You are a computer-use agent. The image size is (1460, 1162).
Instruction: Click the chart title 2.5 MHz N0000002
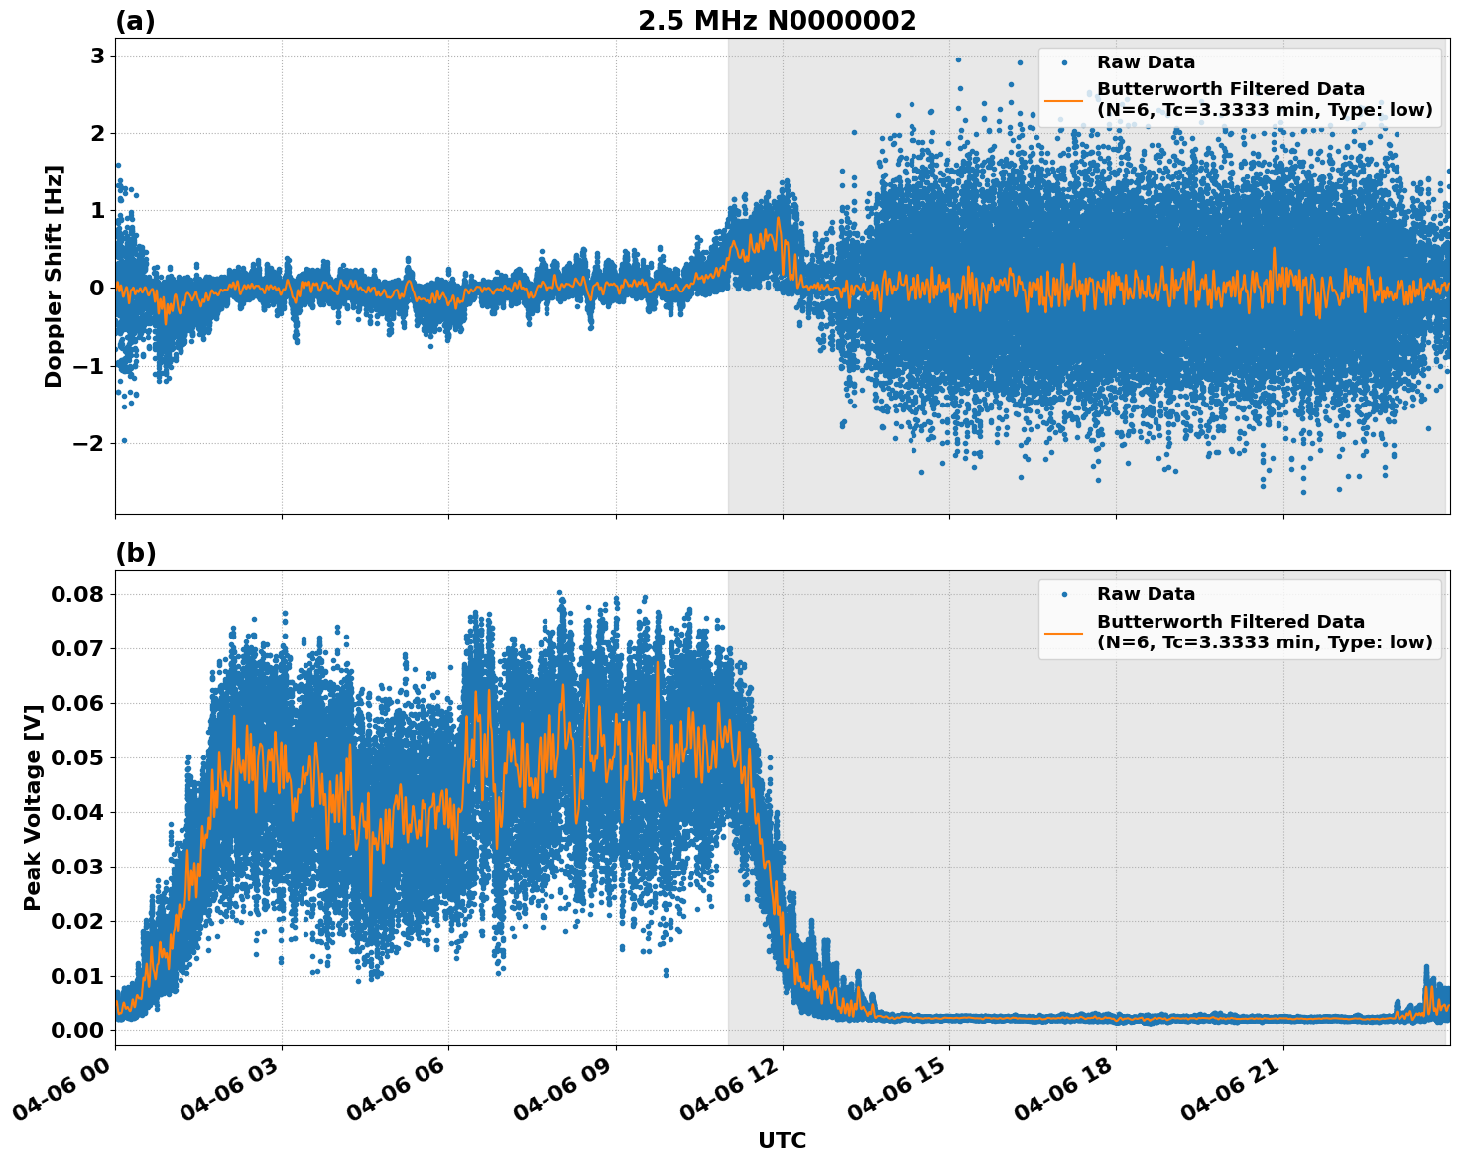pos(777,21)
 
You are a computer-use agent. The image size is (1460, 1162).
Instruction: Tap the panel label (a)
pos(135,21)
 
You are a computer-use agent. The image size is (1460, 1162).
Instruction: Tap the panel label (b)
pos(135,553)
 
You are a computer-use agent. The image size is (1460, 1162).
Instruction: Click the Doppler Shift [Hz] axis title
pos(54,276)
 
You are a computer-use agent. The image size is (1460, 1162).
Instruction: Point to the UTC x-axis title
pos(782,1140)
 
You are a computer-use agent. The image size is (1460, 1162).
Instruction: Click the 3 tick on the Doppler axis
pos(97,57)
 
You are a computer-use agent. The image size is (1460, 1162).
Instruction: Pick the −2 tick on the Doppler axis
pos(89,443)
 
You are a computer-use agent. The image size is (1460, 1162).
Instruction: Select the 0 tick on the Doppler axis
pos(97,289)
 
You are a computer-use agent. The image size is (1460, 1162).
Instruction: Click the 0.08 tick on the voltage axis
pos(77,595)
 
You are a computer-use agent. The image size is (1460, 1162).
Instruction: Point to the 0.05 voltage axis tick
pos(77,758)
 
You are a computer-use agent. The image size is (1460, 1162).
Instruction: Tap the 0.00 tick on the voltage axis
pos(77,1031)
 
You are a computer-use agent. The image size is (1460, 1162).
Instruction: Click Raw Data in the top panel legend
pos(1146,62)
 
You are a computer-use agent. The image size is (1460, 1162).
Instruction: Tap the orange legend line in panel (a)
pos(1064,100)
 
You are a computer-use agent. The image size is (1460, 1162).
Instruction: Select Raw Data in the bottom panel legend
pos(1146,594)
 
